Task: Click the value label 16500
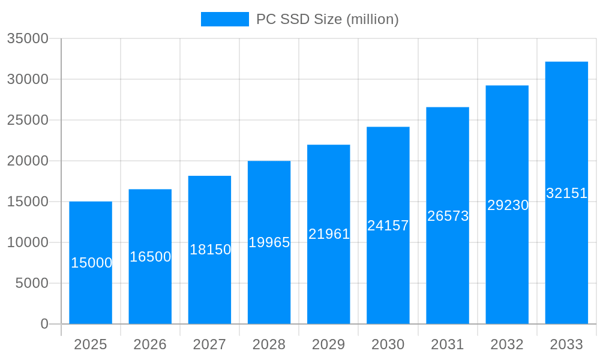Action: click(150, 257)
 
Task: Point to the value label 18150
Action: click(210, 250)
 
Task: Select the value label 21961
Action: click(329, 234)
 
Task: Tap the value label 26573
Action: click(448, 216)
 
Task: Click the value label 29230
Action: click(508, 205)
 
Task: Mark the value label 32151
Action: click(566, 193)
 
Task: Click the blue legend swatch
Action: click(224, 19)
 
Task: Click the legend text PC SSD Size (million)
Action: click(327, 19)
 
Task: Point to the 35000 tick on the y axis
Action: click(28, 38)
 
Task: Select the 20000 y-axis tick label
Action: click(28, 161)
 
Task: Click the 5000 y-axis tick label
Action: click(32, 283)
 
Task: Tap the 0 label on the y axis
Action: click(44, 324)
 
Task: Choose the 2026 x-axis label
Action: click(150, 344)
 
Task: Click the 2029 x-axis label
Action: click(328, 344)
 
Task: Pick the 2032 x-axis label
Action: click(507, 344)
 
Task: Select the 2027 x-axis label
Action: click(209, 344)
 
